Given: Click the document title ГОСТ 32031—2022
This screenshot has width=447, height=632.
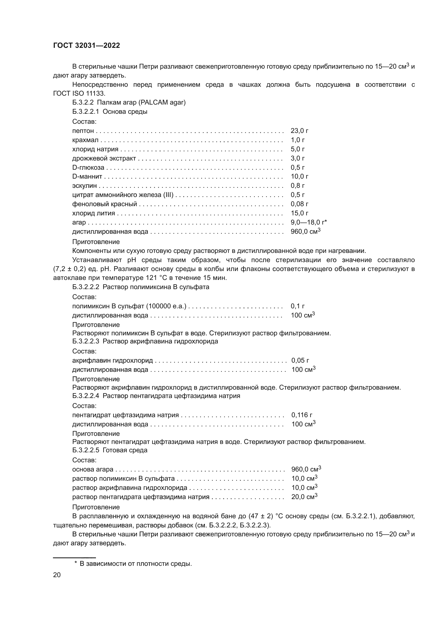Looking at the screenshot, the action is (x=86, y=45).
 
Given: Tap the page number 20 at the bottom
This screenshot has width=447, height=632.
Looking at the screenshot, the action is (x=57, y=575).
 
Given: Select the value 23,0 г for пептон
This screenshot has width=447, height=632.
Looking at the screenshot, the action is (x=299, y=131).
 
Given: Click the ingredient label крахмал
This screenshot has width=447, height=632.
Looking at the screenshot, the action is (x=85, y=140).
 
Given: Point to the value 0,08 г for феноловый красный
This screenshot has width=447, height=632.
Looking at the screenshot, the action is (x=299, y=204).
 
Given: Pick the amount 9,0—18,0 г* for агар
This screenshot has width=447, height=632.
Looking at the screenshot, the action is (x=309, y=222).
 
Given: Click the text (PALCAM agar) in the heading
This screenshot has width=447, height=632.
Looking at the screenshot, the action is (x=162, y=102).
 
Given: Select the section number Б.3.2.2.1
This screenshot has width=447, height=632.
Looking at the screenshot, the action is (x=85, y=112).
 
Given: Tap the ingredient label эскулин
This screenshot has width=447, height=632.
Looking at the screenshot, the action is (x=85, y=186).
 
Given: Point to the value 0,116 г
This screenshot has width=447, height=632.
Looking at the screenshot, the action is (x=302, y=415).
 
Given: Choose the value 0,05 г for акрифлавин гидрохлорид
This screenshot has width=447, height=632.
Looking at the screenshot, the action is (x=300, y=360).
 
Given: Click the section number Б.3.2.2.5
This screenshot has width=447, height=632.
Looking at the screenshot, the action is (x=85, y=450).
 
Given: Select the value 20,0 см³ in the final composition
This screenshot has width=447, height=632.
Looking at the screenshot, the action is (x=304, y=497).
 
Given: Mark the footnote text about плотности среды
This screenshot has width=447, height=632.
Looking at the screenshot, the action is (x=136, y=564).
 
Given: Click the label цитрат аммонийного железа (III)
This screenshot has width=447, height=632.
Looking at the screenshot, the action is (x=123, y=195).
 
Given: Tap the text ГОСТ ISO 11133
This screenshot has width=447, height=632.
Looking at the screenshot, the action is (x=79, y=93).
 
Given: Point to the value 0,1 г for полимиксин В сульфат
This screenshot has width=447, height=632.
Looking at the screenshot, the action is (x=298, y=306).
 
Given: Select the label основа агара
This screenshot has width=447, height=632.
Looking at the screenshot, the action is (x=93, y=469).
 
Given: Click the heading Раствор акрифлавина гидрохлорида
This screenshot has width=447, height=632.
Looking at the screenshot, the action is (x=160, y=341).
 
